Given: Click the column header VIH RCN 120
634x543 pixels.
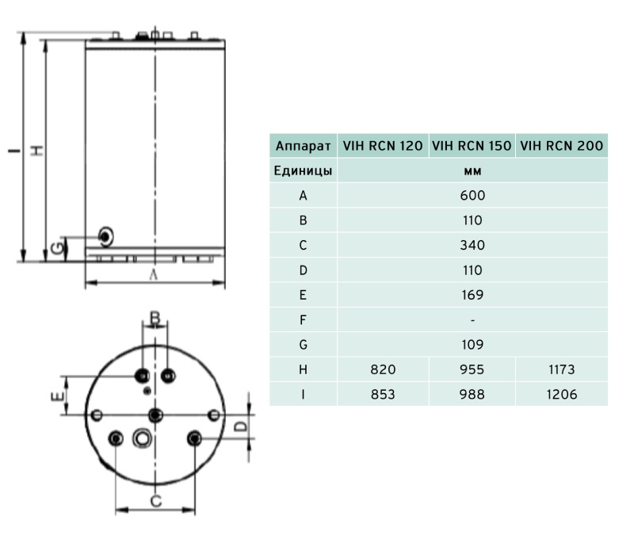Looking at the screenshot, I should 383,146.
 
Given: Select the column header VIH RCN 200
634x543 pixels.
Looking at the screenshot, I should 562,146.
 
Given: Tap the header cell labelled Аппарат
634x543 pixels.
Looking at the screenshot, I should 303,146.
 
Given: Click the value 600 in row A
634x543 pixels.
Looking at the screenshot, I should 472,195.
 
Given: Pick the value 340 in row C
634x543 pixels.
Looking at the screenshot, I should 472,245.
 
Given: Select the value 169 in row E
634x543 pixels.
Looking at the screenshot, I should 472,295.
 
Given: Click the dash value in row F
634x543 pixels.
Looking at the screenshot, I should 472,320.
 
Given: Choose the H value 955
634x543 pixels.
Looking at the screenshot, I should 472,369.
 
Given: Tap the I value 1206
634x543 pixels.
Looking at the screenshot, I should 562,394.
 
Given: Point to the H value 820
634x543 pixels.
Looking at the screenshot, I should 383,369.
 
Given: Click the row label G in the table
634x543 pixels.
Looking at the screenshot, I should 303,345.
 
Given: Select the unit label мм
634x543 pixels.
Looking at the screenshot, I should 472,170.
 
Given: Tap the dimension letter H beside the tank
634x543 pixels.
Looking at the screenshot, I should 36,150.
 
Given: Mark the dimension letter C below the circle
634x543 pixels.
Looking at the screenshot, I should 156,501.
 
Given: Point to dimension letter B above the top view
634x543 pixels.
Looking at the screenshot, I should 155,319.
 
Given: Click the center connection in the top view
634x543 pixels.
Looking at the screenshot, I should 155,415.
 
